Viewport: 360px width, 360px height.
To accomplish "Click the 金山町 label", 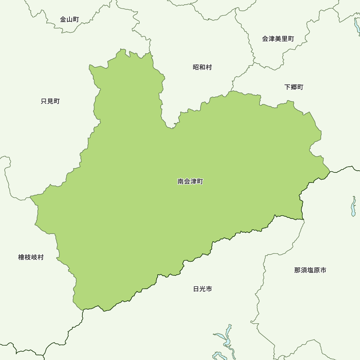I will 69,19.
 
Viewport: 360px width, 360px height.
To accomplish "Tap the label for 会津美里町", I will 278,39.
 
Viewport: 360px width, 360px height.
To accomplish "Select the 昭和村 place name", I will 202,67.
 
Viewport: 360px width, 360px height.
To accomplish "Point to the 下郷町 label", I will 294,87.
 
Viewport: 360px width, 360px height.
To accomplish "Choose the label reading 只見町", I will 50,101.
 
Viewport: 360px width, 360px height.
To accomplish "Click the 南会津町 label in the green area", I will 190,181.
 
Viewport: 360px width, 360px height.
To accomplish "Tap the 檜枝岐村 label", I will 31,257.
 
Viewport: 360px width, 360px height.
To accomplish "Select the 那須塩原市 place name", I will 310,270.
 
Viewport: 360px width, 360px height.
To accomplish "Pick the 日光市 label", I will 202,289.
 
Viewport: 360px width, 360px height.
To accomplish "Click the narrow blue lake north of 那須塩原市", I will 354,207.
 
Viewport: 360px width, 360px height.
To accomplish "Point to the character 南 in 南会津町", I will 181,181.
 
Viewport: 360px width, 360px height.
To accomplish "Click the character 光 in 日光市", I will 203,289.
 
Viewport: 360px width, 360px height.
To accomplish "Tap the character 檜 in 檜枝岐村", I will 21,257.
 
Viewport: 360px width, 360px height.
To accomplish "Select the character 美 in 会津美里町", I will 278,39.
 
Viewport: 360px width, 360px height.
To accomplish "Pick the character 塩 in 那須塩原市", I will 310,270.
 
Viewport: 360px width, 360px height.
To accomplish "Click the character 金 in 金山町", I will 63,19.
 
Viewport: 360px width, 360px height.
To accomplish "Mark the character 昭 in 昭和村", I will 196,67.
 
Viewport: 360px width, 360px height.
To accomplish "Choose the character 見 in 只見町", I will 50,101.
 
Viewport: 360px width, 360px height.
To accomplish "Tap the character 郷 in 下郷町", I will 294,87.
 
